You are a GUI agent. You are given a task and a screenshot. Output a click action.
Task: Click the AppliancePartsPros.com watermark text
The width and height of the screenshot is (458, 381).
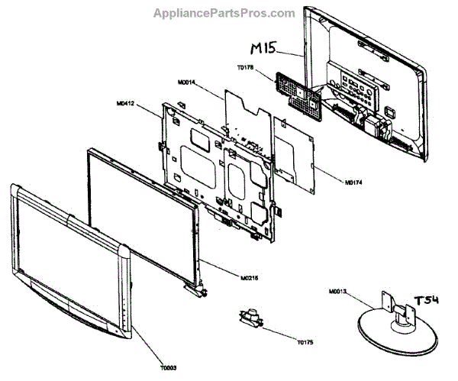(x=224, y=13)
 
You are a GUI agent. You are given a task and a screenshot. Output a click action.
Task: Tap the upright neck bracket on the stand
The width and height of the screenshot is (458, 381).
(x=396, y=310)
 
